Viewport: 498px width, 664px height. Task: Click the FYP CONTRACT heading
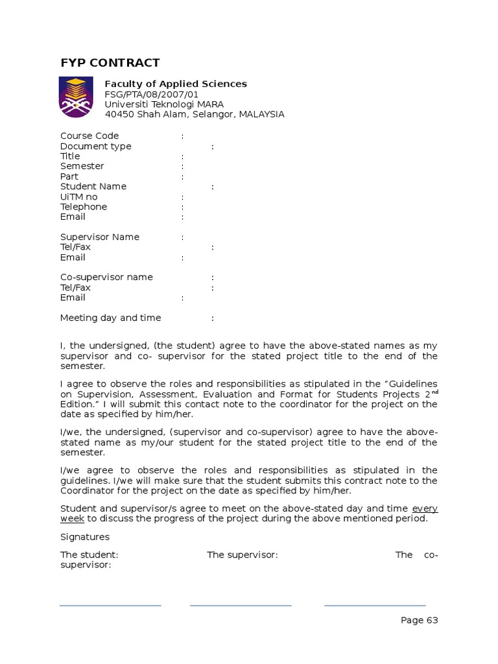pyautogui.click(x=110, y=63)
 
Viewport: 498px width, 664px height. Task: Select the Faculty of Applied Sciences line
pyautogui.click(x=176, y=84)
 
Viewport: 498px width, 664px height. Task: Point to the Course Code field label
pyautogui.click(x=89, y=136)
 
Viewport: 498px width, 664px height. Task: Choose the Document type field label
pyautogui.click(x=95, y=146)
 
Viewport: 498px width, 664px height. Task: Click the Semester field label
pyautogui.click(x=82, y=166)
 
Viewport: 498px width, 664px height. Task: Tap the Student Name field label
pyautogui.click(x=93, y=186)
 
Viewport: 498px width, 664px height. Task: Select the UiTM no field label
pyautogui.click(x=78, y=196)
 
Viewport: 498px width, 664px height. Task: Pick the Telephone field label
pyautogui.click(x=84, y=207)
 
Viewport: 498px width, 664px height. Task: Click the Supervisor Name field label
pyautogui.click(x=100, y=237)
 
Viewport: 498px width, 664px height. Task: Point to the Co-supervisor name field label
pyautogui.click(x=106, y=277)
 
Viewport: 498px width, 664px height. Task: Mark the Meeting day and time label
pyautogui.click(x=110, y=318)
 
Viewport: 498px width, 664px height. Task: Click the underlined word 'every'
pyautogui.click(x=425, y=508)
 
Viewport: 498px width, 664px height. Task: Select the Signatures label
pyautogui.click(x=85, y=537)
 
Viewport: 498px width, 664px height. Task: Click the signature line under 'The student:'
pyautogui.click(x=110, y=606)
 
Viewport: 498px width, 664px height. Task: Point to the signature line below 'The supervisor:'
pyautogui.click(x=241, y=606)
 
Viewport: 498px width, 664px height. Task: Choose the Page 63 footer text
pyautogui.click(x=419, y=621)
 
